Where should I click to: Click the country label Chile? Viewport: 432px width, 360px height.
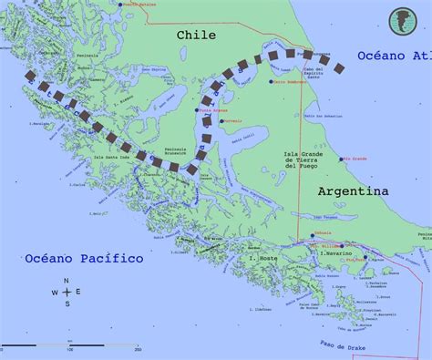(x=196, y=34)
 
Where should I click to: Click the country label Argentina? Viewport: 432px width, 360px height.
(x=354, y=191)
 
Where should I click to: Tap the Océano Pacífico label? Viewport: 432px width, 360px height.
(x=84, y=259)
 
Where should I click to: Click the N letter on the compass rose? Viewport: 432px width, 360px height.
(x=66, y=280)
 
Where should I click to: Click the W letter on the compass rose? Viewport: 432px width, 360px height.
(x=54, y=292)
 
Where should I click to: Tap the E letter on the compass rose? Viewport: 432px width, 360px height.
(x=78, y=292)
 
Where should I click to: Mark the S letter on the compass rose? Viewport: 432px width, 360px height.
(x=66, y=304)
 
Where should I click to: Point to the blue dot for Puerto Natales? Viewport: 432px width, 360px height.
(x=122, y=5)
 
